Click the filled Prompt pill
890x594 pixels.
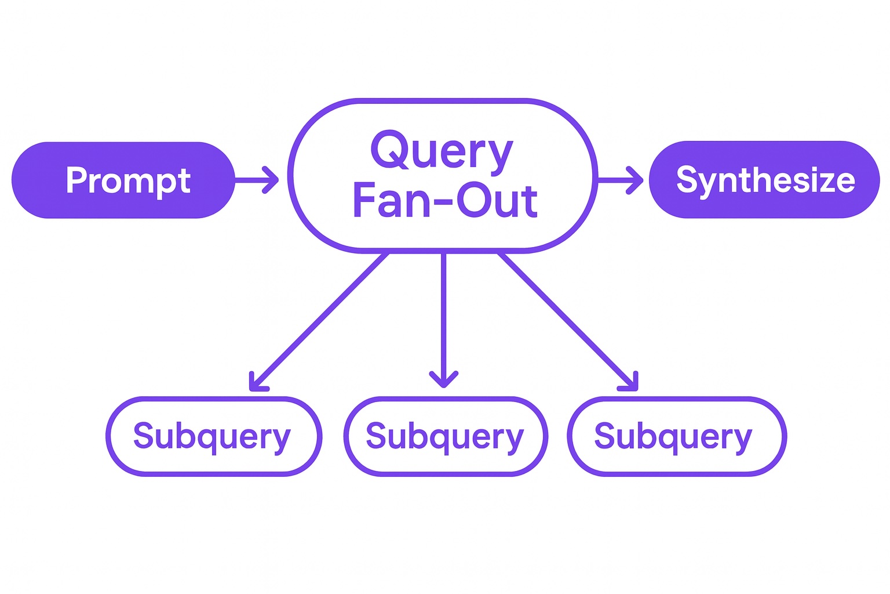[x=123, y=180]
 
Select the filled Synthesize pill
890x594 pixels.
[x=764, y=180]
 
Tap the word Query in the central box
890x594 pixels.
[x=442, y=151]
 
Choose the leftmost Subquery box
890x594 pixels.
[x=213, y=436]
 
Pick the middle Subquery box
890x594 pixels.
[x=445, y=436]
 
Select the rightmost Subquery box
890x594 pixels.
[x=676, y=436]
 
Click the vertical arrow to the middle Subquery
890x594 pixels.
[x=444, y=319]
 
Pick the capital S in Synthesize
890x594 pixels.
[x=687, y=179]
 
